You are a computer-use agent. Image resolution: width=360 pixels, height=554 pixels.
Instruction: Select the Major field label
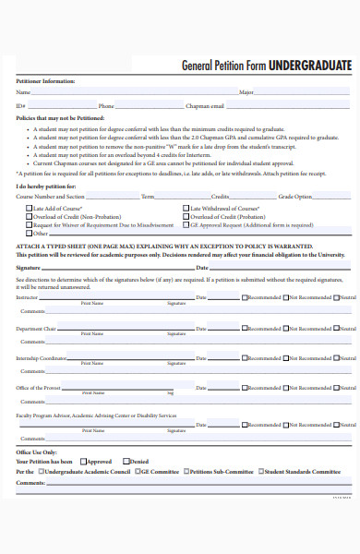pos(246,93)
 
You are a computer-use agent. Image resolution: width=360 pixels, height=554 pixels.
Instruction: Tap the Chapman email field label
pos(204,106)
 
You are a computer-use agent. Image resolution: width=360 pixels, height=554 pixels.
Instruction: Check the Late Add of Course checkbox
pos(27,209)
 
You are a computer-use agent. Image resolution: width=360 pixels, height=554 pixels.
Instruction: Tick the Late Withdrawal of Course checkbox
pos(186,209)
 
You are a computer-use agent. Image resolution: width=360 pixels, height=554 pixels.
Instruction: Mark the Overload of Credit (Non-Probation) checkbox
pos(27,217)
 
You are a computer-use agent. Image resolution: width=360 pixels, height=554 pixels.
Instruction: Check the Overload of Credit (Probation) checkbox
pos(186,217)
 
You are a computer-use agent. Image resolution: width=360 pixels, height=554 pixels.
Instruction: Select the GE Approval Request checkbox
pos(186,225)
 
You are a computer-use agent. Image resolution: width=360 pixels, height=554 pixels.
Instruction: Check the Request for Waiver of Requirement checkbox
pos(27,225)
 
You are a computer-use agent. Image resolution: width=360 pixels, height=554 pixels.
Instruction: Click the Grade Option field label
pos(296,197)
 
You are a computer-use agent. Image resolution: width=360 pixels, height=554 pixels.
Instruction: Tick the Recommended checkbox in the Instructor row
pos(245,297)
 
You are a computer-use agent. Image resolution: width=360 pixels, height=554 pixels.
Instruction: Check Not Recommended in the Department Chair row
pos(286,329)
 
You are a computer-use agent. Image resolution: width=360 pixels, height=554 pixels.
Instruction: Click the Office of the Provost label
pos(38,388)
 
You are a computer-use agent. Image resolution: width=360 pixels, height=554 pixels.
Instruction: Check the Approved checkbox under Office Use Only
pos(83,462)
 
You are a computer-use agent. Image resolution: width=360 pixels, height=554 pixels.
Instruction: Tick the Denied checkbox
pos(126,462)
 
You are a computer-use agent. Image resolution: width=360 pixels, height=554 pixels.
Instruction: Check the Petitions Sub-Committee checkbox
pos(185,471)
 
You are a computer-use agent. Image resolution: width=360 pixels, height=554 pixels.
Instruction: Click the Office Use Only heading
pos(37,452)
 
